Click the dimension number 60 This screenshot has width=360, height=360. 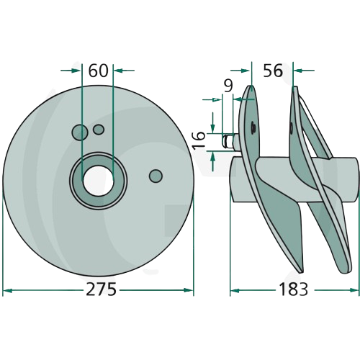click(98, 71)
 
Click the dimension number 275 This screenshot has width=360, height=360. click(101, 289)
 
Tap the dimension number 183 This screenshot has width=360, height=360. click(293, 289)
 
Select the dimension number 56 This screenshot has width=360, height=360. click(273, 71)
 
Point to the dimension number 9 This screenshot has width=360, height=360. click(228, 86)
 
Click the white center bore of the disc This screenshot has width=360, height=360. click(98, 179)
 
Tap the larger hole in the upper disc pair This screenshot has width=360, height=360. click(80, 132)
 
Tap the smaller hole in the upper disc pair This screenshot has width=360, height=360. click(99, 130)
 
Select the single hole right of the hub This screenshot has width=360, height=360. click(156, 176)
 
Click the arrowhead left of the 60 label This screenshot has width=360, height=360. click(76, 71)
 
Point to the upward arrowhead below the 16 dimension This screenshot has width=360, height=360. click(213, 157)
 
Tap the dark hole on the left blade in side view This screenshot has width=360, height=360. click(253, 127)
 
